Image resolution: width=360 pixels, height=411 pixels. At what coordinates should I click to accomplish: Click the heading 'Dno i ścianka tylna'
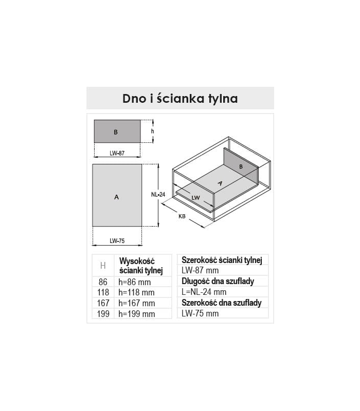(x=180, y=98)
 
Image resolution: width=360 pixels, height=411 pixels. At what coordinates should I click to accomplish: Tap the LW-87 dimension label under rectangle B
(x=117, y=153)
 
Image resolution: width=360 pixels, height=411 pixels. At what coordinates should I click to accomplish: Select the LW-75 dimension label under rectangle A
(x=117, y=241)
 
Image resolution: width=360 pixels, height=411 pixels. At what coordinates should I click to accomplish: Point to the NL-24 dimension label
(x=158, y=195)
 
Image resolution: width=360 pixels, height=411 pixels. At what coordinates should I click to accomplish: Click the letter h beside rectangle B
(x=152, y=131)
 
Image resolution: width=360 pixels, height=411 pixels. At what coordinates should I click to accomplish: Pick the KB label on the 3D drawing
(x=182, y=216)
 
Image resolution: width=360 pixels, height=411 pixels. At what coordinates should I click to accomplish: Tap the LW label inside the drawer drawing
(x=196, y=198)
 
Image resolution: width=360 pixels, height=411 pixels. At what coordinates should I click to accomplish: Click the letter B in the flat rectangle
(x=116, y=132)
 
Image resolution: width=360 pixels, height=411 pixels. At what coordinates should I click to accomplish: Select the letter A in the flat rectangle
(x=117, y=197)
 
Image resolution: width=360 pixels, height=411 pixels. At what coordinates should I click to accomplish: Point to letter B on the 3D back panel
(x=241, y=166)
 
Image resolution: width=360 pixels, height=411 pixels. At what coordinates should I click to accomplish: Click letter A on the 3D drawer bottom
(x=220, y=183)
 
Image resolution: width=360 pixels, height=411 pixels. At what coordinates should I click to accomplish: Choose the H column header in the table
(x=103, y=266)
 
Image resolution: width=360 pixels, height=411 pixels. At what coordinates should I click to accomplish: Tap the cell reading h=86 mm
(x=135, y=282)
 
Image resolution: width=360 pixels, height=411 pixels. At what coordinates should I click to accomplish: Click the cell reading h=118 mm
(x=136, y=292)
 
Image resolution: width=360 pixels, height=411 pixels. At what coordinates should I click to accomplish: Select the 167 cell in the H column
(x=103, y=303)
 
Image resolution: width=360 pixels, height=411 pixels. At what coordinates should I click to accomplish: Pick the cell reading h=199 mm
(x=136, y=314)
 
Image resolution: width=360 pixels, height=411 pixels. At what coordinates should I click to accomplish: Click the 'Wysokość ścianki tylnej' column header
(x=141, y=266)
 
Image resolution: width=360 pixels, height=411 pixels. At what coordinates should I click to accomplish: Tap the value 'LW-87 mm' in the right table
(x=200, y=270)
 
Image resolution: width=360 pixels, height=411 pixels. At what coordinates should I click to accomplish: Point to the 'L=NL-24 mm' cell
(x=204, y=292)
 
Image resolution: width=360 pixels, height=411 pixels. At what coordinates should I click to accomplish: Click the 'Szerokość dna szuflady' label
(x=222, y=303)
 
